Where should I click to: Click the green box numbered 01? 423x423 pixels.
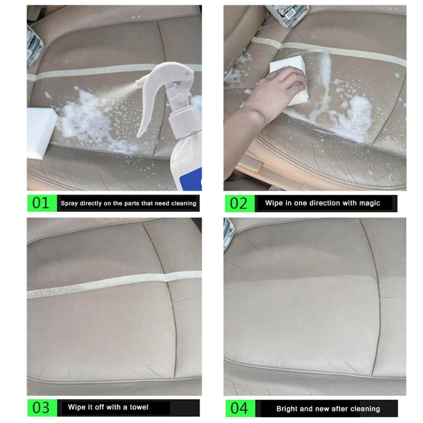click(x=42, y=203)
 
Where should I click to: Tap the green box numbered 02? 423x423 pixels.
click(x=240, y=203)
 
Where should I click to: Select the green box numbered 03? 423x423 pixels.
click(x=42, y=408)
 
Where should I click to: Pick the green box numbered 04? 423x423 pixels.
click(x=240, y=409)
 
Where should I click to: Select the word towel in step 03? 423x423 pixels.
click(x=139, y=407)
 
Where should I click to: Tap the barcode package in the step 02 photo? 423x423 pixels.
click(x=287, y=15)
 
